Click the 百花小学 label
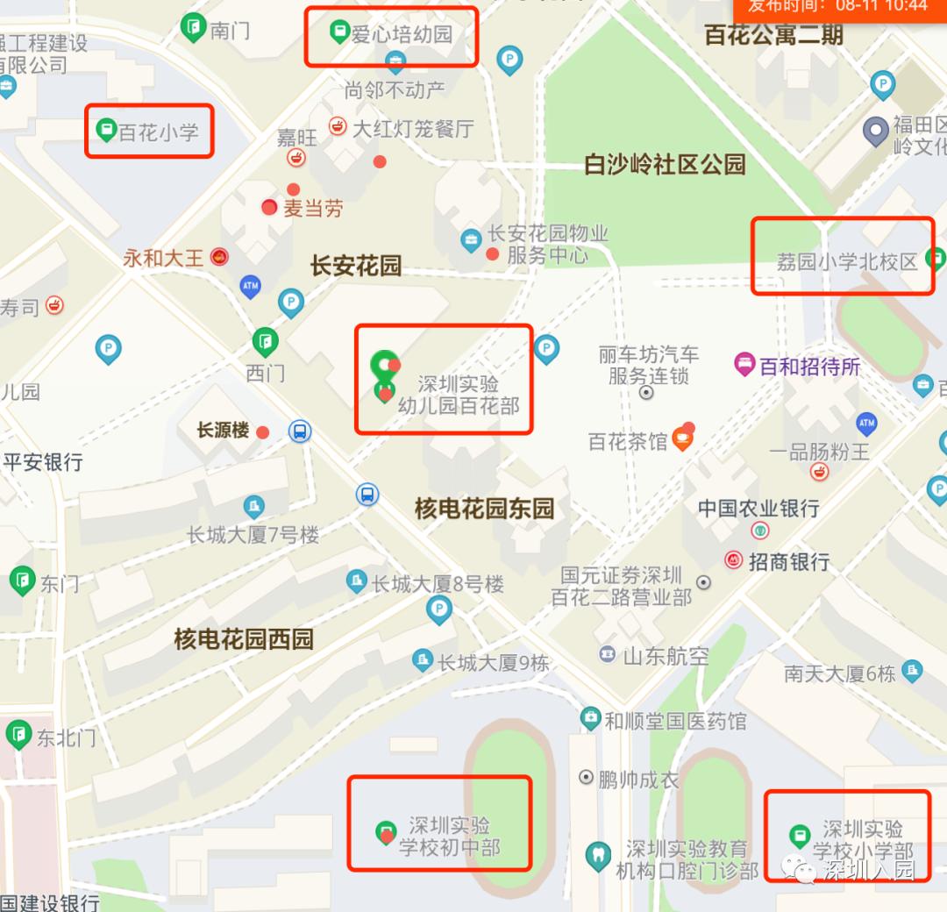pyautogui.click(x=159, y=132)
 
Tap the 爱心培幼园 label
pyautogui.click(x=402, y=34)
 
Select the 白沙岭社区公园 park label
pyautogui.click(x=665, y=164)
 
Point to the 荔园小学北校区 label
pyautogui.click(x=847, y=261)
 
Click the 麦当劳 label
pyautogui.click(x=313, y=209)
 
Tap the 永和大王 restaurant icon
pyautogui.click(x=219, y=257)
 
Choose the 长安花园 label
pyautogui.click(x=356, y=266)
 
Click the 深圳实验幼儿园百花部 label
pyautogui.click(x=459, y=395)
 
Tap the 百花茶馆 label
pyautogui.click(x=628, y=441)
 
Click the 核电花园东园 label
pyautogui.click(x=484, y=508)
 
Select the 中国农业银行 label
pyautogui.click(x=758, y=508)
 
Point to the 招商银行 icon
pyautogui.click(x=733, y=559)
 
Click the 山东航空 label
pyautogui.click(x=666, y=655)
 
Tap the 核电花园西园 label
pyautogui.click(x=243, y=639)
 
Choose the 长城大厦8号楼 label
pyautogui.click(x=438, y=583)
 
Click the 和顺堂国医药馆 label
pyautogui.click(x=675, y=721)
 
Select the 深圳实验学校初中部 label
pyautogui.click(x=449, y=837)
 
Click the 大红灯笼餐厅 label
pyautogui.click(x=412, y=129)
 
